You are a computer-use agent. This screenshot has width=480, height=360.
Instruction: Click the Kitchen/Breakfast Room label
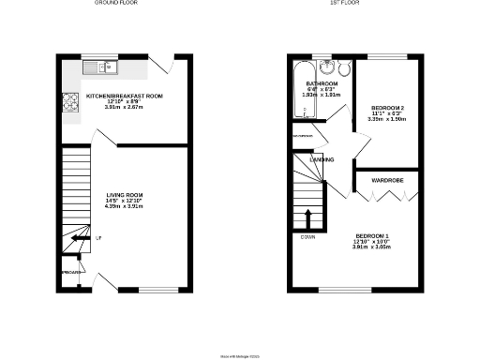click(124, 96)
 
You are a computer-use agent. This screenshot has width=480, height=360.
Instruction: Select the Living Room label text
click(123, 195)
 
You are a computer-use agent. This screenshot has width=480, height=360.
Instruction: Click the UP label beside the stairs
click(98, 238)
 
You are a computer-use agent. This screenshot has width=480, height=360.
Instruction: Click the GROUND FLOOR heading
click(117, 4)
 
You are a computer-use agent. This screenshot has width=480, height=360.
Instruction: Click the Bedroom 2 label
click(382, 110)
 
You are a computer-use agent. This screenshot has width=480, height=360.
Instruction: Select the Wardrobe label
click(387, 178)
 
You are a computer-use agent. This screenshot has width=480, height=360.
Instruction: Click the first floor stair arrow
click(308, 218)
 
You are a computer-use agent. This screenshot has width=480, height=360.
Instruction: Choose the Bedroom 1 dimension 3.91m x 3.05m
click(371, 247)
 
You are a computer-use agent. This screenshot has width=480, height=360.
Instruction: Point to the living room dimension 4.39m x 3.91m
click(123, 207)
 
